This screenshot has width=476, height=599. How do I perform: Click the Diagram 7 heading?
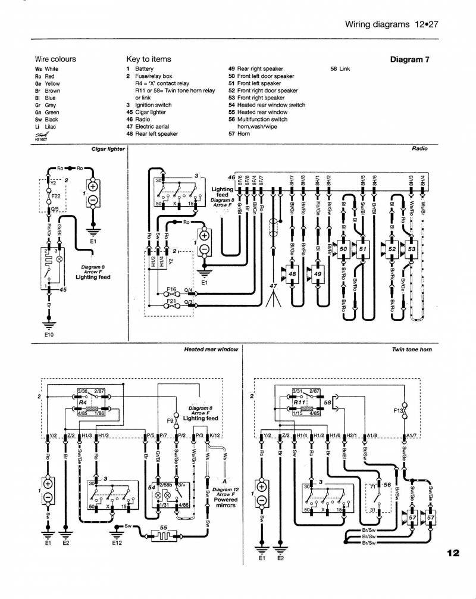[x=409, y=59]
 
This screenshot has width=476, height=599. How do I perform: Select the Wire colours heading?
[x=55, y=59]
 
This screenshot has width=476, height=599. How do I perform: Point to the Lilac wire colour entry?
[x=46, y=127]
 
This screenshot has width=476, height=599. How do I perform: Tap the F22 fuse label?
[x=57, y=195]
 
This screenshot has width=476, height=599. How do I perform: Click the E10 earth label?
[x=49, y=335]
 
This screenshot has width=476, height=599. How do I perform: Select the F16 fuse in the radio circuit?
[x=171, y=290]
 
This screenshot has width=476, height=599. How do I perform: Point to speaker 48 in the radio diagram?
[x=292, y=274]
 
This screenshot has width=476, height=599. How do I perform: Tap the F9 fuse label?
[x=169, y=420]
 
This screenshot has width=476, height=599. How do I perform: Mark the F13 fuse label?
[x=397, y=410]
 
